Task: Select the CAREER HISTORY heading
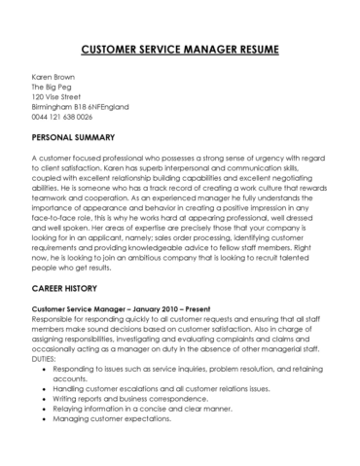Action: [66, 289]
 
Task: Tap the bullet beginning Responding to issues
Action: [185, 371]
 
